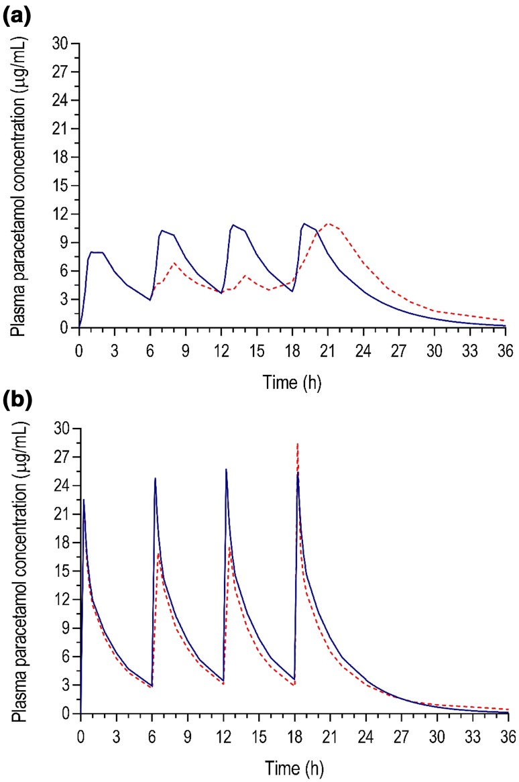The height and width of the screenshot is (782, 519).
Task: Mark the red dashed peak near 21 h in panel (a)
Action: click(x=328, y=223)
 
